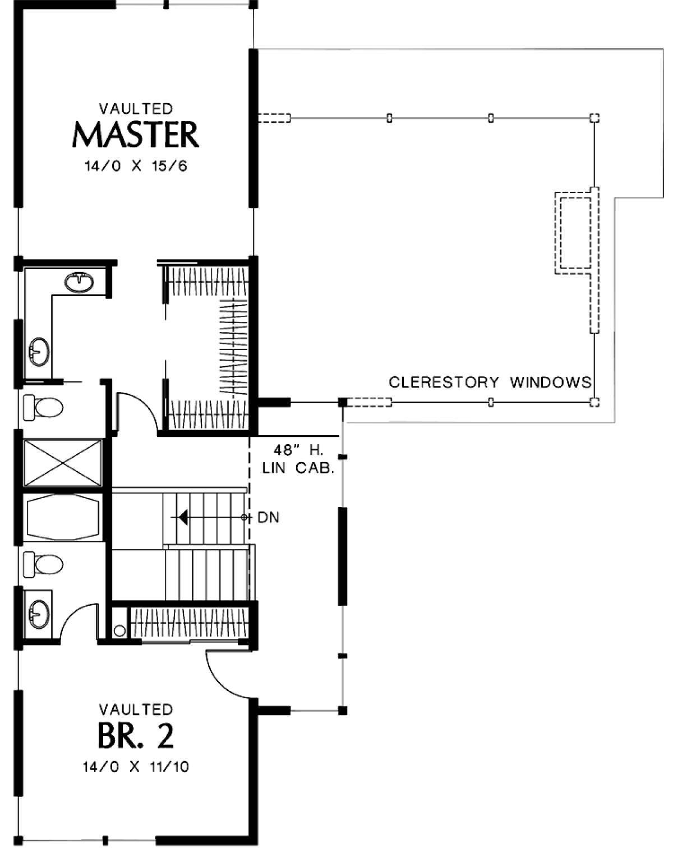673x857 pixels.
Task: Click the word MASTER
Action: click(x=135, y=135)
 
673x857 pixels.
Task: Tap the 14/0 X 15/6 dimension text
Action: click(x=136, y=166)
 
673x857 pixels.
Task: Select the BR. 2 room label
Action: click(x=136, y=736)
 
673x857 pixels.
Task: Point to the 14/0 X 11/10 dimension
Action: click(x=136, y=767)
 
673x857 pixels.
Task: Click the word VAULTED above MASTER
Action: click(x=136, y=108)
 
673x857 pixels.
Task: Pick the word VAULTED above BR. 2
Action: click(x=136, y=709)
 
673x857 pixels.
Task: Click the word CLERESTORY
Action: click(x=444, y=382)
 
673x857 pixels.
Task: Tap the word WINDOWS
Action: click(x=551, y=382)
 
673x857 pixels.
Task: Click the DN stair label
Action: click(x=269, y=517)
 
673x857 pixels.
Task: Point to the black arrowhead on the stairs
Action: click(x=183, y=517)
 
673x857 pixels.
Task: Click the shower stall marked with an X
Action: click(x=63, y=463)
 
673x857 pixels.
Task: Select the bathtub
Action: click(x=63, y=517)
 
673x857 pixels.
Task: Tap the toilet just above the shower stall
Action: click(x=43, y=407)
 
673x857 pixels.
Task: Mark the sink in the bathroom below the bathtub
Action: click(x=39, y=614)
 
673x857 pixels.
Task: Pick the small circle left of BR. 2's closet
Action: click(x=119, y=631)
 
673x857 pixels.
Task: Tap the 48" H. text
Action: click(x=298, y=450)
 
